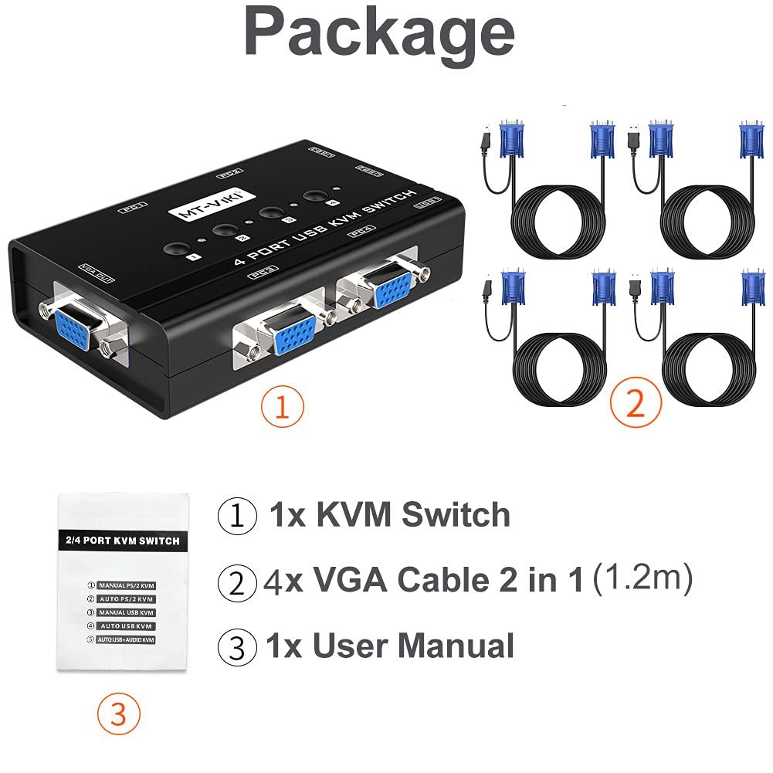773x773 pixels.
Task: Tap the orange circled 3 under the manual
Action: [x=118, y=715]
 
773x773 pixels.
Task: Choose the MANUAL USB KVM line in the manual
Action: [x=125, y=612]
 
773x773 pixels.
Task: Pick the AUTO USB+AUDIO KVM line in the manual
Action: [x=125, y=640]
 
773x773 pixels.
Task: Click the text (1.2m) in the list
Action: [x=642, y=578]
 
